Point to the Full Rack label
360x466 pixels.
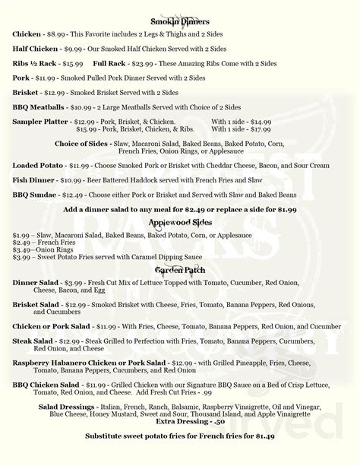110,62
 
